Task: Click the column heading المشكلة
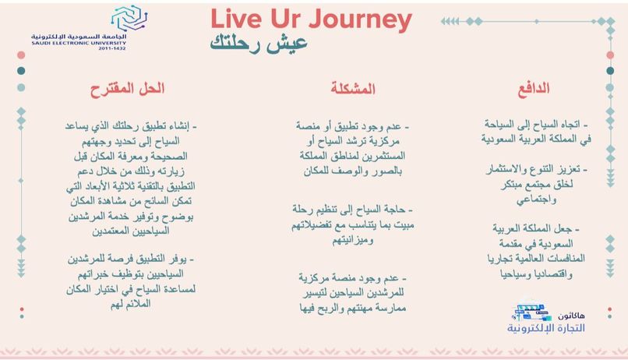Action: click(352, 88)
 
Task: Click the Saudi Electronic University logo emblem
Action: click(127, 18)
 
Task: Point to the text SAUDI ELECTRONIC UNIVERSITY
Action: click(79, 43)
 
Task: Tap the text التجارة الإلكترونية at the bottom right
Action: click(546, 327)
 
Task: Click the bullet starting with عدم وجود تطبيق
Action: click(352, 148)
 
